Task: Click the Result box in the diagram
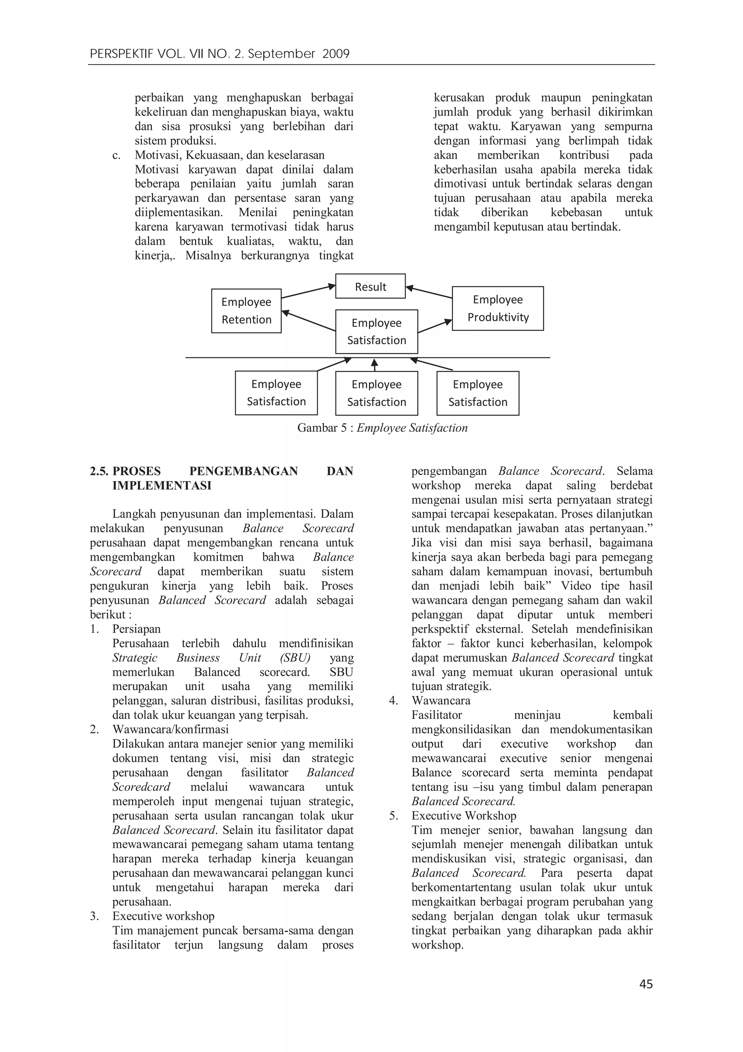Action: (x=370, y=287)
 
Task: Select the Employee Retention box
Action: (x=246, y=310)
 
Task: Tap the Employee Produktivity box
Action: (x=498, y=308)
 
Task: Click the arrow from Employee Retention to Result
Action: (x=308, y=291)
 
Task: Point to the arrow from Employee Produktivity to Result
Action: (x=429, y=292)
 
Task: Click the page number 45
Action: (x=646, y=984)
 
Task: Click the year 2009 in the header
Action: (x=336, y=54)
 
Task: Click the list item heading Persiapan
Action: (x=136, y=629)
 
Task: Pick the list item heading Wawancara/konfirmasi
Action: (x=170, y=730)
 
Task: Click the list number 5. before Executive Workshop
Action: (x=394, y=816)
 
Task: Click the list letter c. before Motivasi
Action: (x=116, y=155)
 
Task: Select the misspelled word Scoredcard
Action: (x=141, y=787)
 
